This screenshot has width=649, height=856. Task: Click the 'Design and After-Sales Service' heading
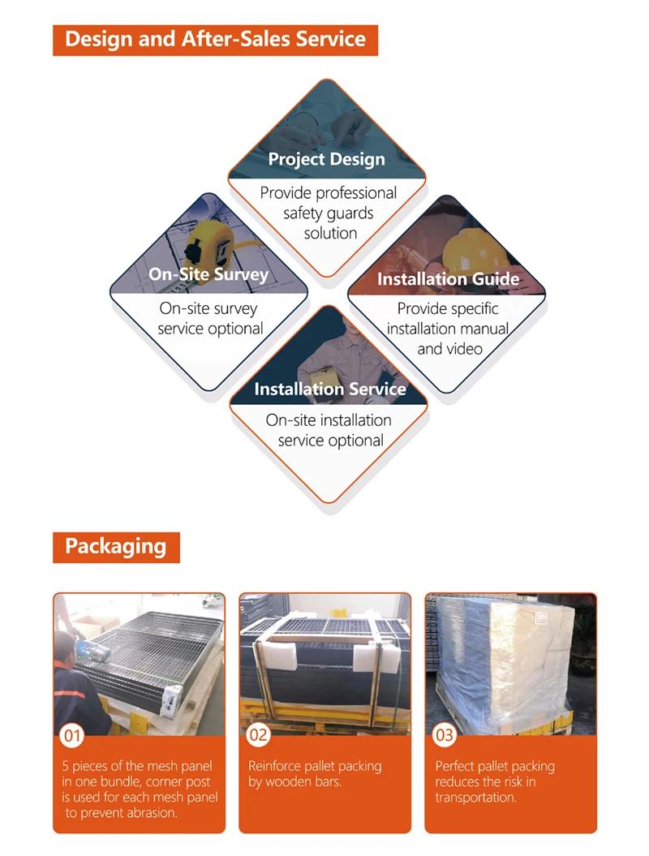click(x=215, y=39)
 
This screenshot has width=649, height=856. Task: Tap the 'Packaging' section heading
click(x=116, y=547)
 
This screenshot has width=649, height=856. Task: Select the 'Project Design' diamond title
click(x=326, y=159)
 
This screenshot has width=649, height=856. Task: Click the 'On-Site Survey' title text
click(x=208, y=274)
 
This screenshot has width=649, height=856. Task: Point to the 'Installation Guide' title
click(x=448, y=279)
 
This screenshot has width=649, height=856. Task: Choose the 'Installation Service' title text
click(x=330, y=389)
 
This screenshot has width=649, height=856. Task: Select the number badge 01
click(x=72, y=736)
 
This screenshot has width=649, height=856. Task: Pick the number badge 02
click(x=258, y=735)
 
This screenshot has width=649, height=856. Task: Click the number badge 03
click(x=444, y=735)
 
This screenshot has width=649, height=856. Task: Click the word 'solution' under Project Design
click(x=330, y=233)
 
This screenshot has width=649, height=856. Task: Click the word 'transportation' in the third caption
click(x=475, y=798)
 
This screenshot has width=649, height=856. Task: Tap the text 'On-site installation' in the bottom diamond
click(x=329, y=420)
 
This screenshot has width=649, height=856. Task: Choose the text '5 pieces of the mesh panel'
click(x=137, y=766)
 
